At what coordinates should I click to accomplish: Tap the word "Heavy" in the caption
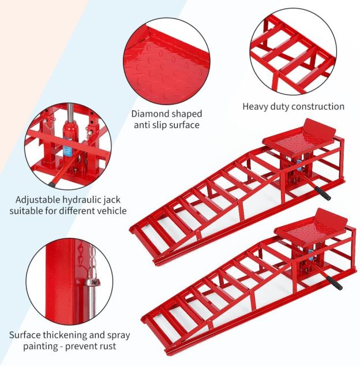pyautogui.click(x=255, y=106)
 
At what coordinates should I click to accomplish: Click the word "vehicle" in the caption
pyautogui.click(x=111, y=211)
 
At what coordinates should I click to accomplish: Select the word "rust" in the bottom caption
pyautogui.click(x=107, y=346)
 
